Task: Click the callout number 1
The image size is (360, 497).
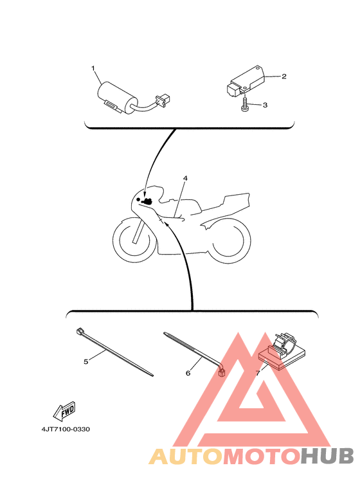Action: point(93,68)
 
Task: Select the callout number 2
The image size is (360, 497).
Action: point(284,76)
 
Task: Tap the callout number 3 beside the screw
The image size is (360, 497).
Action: point(265,105)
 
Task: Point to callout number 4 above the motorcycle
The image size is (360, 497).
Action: point(185,178)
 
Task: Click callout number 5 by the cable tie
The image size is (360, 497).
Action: point(86,361)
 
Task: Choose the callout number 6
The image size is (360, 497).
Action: point(188,373)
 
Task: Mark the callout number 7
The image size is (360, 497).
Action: point(258,373)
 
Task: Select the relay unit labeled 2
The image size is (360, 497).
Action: point(247,80)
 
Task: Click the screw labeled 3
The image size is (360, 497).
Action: point(244,104)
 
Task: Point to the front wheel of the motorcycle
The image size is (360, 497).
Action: point(134,240)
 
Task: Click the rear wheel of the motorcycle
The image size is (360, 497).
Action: point(228,240)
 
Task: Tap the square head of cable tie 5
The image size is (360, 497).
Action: point(80,332)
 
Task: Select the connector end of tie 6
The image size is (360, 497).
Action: point(222,373)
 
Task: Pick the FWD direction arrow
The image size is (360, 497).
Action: point(64,411)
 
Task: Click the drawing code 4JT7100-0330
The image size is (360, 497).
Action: point(66,429)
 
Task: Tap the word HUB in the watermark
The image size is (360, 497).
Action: point(327,456)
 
